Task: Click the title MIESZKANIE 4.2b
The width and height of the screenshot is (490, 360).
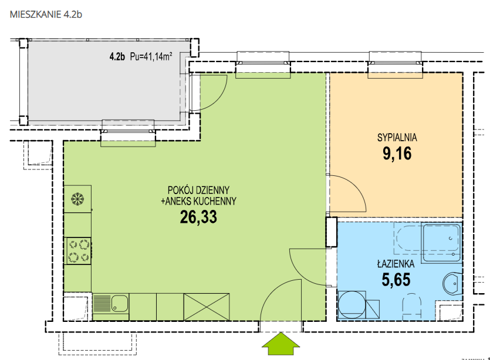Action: [46, 14]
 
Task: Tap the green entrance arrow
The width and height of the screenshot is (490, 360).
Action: [281, 344]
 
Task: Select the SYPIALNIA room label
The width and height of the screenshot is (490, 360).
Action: [397, 137]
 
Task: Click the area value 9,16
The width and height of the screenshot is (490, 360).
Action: [397, 154]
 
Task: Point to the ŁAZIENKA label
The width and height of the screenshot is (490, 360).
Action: [396, 264]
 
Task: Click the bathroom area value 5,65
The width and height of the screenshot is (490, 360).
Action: [396, 280]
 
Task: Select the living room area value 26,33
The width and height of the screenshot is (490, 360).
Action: [198, 217]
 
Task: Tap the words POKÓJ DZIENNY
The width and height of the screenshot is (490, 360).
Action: [198, 190]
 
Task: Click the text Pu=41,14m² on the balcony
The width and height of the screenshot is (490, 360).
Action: [151, 57]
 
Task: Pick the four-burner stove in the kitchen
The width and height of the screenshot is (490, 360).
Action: [78, 251]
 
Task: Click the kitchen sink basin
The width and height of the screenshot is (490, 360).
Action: [120, 303]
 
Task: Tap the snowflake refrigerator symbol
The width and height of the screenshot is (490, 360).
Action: [77, 199]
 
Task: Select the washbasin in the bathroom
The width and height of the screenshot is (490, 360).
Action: [452, 284]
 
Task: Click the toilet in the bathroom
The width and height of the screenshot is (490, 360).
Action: [412, 306]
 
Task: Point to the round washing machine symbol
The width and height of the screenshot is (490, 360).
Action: [352, 305]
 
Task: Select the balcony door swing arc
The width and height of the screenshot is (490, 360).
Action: [219, 99]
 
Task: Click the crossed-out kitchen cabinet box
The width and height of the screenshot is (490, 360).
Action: [207, 307]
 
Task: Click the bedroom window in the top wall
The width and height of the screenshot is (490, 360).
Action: [396, 64]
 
